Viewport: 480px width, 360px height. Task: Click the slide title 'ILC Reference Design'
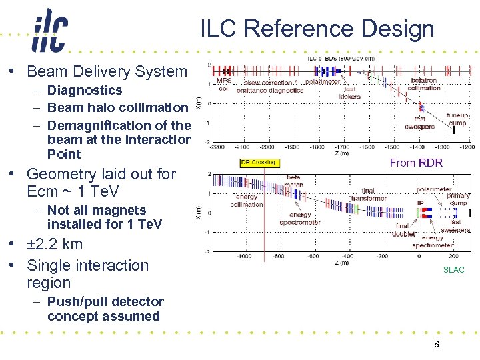pos(317,29)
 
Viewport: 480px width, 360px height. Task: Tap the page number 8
pos(436,344)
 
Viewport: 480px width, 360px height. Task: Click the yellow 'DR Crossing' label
pos(257,163)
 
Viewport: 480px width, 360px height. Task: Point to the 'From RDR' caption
pos(416,163)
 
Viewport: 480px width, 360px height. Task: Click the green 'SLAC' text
pos(453,270)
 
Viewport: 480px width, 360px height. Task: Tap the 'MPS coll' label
pos(224,85)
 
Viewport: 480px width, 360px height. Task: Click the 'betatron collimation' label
pos(424,84)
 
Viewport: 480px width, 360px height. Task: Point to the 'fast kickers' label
pos(349,93)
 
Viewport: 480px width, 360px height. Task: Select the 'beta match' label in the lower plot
pos(293,181)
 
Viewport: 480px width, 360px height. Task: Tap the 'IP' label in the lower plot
pos(420,203)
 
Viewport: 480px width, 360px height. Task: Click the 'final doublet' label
pos(403,230)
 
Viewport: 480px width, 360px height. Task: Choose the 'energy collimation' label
pos(246,201)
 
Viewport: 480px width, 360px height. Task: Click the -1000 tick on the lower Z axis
pos(244,255)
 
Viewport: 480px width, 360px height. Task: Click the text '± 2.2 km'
pos(55,244)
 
